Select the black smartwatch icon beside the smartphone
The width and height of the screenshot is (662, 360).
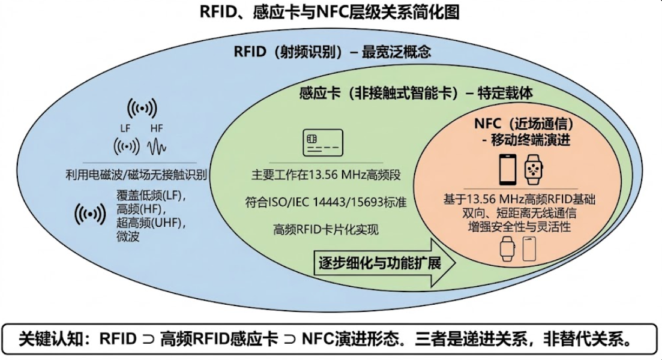tap(534, 170)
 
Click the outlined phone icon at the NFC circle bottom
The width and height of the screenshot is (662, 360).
tap(529, 248)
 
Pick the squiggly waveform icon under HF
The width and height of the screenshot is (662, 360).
tap(157, 146)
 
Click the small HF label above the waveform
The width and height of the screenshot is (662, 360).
tap(156, 128)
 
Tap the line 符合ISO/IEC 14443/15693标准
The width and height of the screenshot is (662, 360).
tap(326, 202)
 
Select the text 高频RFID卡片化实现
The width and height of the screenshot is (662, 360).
tap(326, 230)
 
